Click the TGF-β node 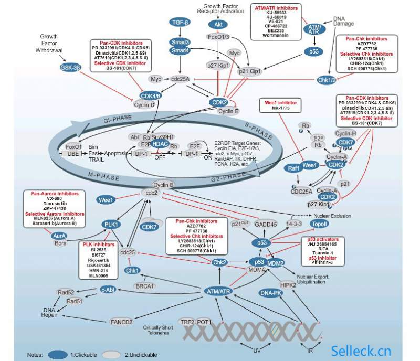pos(181,22)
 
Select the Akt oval pos(217,24)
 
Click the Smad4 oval pos(180,50)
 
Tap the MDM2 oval pos(276,262)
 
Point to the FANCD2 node pos(122,321)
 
